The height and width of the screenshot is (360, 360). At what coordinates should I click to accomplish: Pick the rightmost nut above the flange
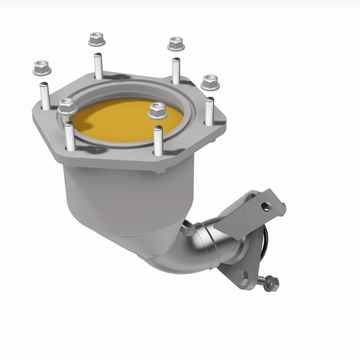(x=209, y=81)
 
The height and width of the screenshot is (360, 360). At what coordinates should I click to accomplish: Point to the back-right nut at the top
(x=175, y=44)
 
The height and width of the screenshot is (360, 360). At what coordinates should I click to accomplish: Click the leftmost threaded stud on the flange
(x=45, y=97)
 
